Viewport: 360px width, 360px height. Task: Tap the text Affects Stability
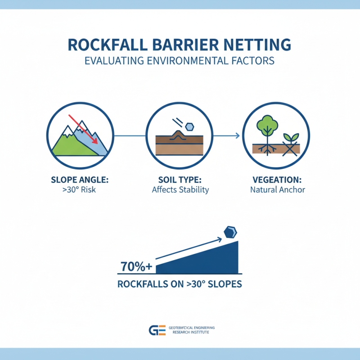coord(180,189)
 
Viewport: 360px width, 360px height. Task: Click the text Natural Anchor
coord(278,189)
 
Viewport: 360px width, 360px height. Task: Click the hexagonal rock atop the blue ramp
coord(230,232)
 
